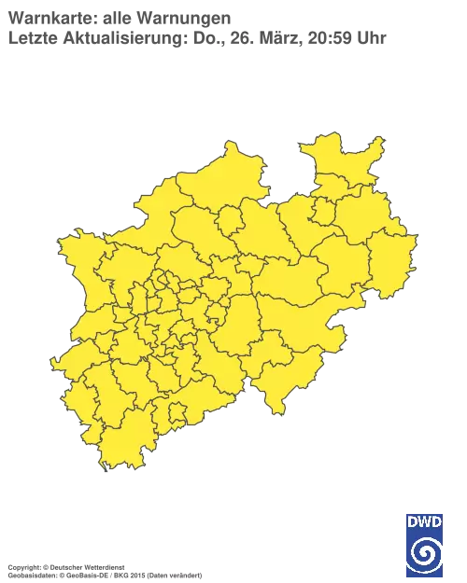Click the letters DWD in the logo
point(424,520)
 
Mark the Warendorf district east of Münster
point(265,233)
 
